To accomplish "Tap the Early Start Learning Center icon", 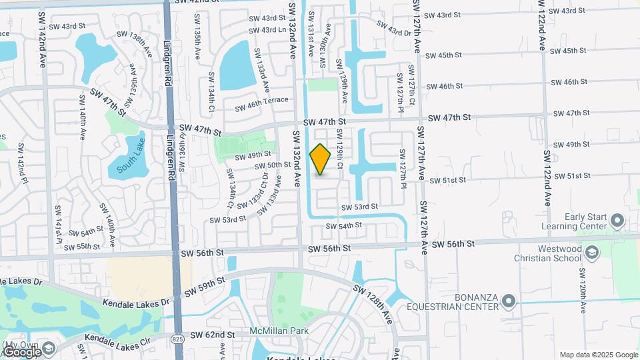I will [617, 220].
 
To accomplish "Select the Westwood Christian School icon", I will [593, 253].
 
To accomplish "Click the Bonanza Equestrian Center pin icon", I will [509, 301].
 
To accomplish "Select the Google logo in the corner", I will [21, 351].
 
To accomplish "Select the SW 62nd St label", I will [213, 334].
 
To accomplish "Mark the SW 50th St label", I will [273, 165].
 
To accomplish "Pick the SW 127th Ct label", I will [412, 93].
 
